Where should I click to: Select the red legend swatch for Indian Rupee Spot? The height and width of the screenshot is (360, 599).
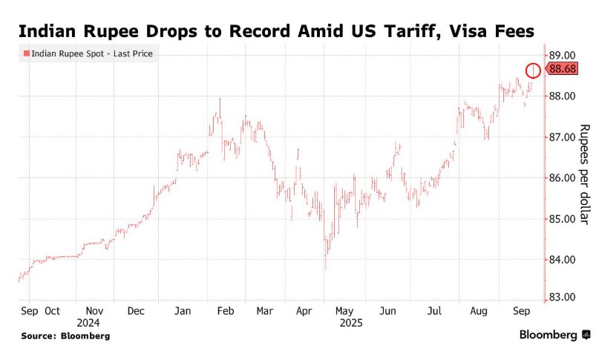pos(26,53)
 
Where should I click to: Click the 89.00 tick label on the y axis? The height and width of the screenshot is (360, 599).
pos(562,55)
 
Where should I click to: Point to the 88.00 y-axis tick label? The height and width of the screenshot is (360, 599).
pos(562,96)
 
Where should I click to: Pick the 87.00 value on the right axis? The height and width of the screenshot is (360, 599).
pos(562,137)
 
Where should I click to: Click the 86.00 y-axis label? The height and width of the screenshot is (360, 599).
pos(562,178)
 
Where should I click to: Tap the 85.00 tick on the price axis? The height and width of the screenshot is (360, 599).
pos(562,219)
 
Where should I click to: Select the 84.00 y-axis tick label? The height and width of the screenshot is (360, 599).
pos(562,260)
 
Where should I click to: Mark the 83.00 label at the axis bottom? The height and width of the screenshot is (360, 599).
pos(562,297)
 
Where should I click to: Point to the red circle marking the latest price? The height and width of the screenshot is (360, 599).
pos(533,71)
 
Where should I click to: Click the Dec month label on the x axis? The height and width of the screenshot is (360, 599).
pos(136,311)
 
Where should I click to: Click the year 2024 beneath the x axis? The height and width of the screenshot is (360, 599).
pos(87,323)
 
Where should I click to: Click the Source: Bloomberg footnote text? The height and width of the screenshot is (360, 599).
pos(65,336)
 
